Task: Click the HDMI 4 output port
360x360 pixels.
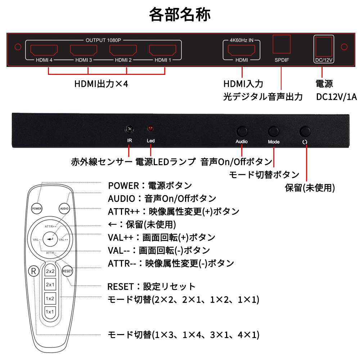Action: (x=44, y=50)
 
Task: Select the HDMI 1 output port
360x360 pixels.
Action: (x=163, y=50)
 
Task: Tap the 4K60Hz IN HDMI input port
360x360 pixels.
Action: (x=242, y=50)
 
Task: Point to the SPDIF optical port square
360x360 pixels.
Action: (x=282, y=44)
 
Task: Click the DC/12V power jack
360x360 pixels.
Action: (x=324, y=46)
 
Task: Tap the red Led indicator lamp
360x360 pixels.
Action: (x=150, y=128)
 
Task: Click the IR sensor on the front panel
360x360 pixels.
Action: (x=130, y=129)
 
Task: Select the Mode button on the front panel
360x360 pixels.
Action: (x=273, y=131)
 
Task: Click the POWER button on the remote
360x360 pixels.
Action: (x=37, y=208)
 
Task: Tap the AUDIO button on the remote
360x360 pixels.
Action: (x=64, y=208)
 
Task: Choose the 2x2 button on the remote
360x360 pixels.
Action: (x=50, y=271)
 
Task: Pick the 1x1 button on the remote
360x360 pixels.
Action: (x=50, y=312)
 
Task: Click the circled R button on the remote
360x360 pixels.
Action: (x=33, y=271)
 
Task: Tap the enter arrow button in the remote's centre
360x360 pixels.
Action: (x=50, y=239)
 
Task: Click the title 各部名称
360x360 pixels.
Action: (x=180, y=14)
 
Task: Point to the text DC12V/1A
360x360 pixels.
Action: (x=336, y=97)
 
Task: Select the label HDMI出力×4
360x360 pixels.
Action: (x=101, y=84)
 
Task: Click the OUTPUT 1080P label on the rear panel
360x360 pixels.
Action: (x=103, y=40)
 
